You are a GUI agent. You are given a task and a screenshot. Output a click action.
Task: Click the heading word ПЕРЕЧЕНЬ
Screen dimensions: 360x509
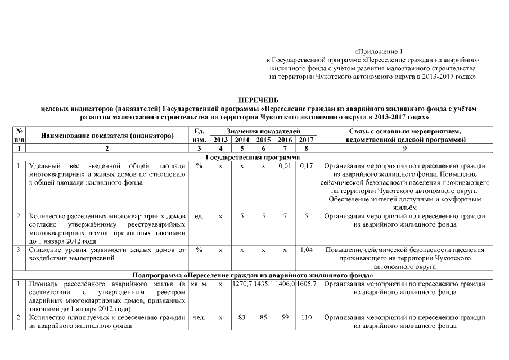click(254, 100)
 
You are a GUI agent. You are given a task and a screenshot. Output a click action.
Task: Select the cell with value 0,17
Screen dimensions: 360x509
click(306, 166)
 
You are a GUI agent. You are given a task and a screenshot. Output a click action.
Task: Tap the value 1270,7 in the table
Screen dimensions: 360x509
click(242, 285)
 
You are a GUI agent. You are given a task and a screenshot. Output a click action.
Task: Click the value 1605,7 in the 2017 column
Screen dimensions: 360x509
click(306, 285)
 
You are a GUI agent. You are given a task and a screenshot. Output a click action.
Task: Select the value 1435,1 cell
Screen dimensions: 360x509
click(263, 285)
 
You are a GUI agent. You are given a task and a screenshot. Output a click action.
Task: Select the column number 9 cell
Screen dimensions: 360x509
click(406, 148)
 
